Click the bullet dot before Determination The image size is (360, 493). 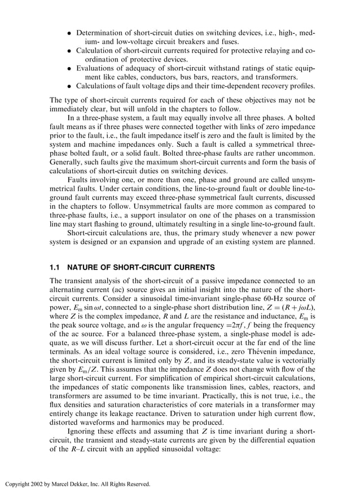(x=70, y=33)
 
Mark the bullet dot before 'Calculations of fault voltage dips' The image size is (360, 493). (x=70, y=86)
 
